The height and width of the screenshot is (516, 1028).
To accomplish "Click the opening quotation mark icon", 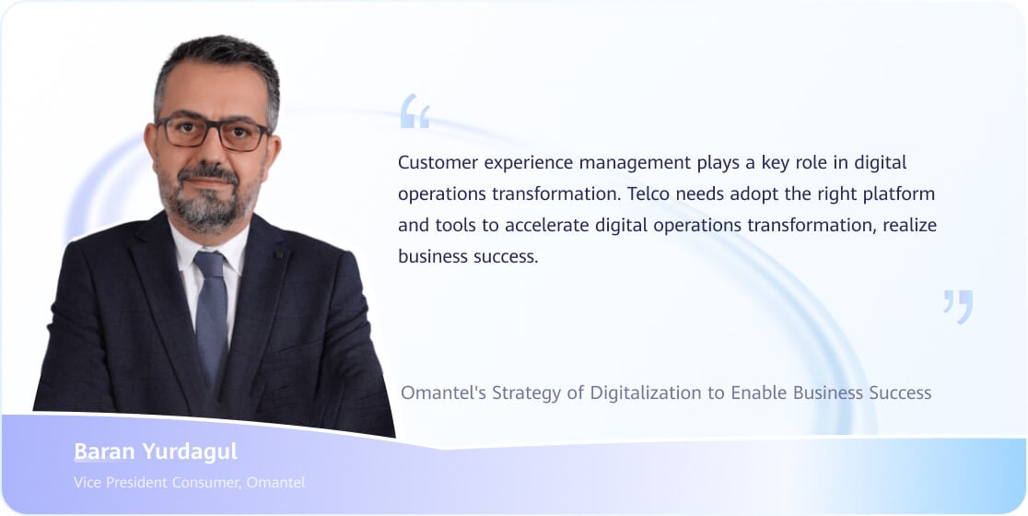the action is (415, 111).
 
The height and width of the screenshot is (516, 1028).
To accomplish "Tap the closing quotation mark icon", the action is (958, 307).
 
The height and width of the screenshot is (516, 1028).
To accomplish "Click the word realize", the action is (909, 226).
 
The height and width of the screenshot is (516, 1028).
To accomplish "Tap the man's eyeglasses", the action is (214, 133).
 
